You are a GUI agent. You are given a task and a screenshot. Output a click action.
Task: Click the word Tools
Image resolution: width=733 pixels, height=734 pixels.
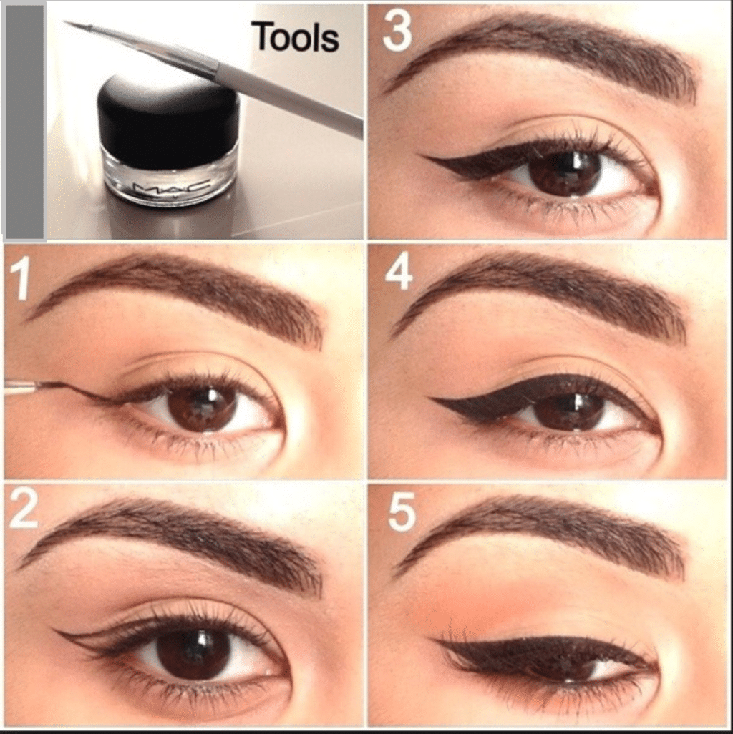(x=295, y=37)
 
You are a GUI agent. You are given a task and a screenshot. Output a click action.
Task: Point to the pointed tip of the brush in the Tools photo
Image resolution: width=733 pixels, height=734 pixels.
(x=64, y=22)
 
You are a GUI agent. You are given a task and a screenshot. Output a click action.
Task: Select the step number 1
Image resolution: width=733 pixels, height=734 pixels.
(x=20, y=280)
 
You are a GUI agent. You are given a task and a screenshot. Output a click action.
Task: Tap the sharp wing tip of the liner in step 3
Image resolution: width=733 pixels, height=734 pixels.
(x=419, y=157)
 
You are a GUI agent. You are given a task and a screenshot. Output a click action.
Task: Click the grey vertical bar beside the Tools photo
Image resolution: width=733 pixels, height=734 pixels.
(x=24, y=121)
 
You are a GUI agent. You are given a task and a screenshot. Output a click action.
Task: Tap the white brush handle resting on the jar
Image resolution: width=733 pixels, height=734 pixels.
(x=291, y=96)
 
